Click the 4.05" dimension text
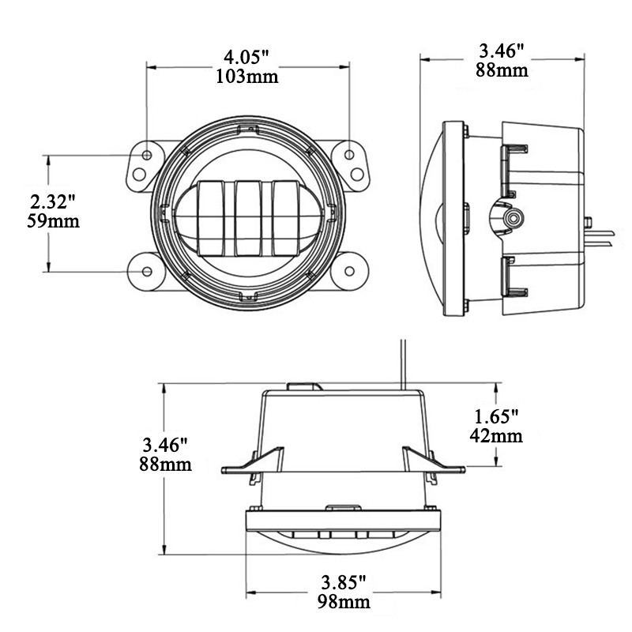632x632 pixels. pos(246,57)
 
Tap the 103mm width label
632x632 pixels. pos(246,76)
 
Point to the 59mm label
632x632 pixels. pos(53,221)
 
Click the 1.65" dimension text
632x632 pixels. pos(495,416)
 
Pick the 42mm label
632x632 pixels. pos(496,436)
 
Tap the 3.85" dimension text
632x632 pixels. pos(344,582)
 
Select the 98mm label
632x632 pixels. pos(344,602)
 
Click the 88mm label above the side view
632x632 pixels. pos(502,70)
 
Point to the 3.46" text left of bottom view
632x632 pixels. pos(165,445)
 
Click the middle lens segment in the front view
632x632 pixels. pos(248,218)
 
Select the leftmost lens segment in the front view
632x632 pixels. pos(211,218)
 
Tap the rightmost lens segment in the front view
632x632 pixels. pos(285,218)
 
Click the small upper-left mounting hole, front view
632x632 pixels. pos(147,155)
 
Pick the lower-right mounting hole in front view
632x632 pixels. pos(349,271)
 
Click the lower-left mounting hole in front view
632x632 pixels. pos(147,271)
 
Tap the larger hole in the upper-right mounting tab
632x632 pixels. pos(357,175)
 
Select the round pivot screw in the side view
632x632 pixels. pos(513,218)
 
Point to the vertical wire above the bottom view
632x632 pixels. pos(403,364)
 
